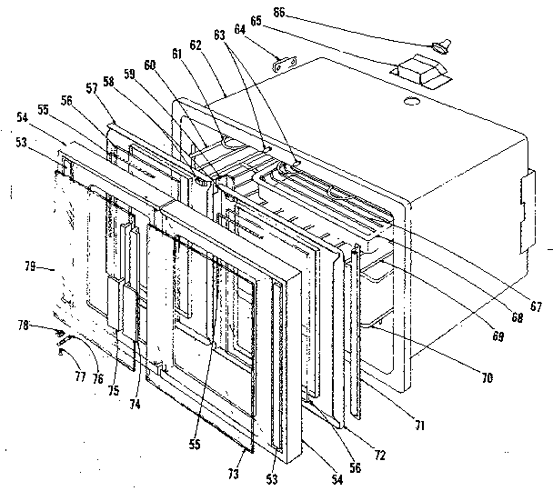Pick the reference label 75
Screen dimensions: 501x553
(x=113, y=392)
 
